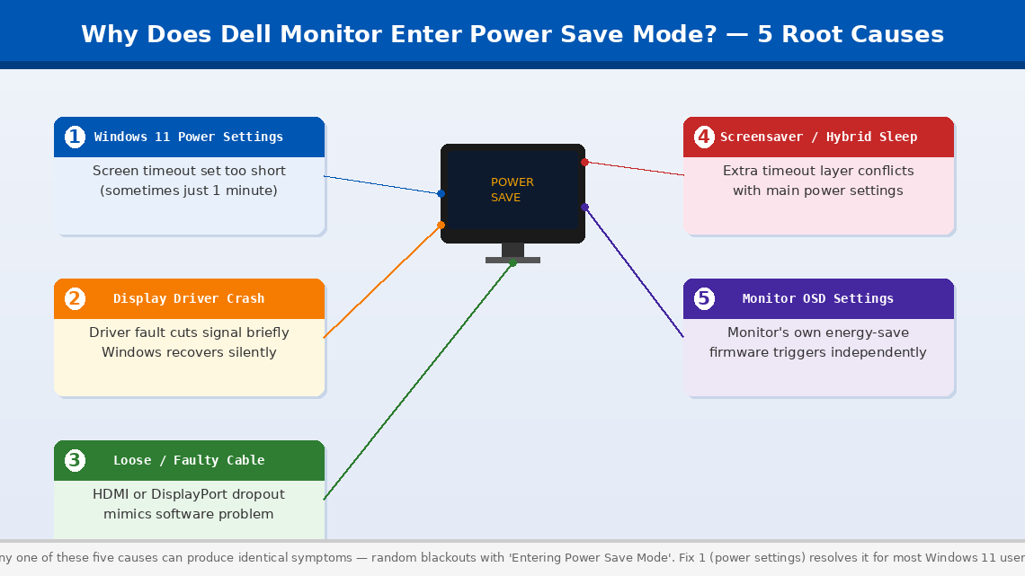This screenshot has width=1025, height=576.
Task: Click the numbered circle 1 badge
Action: click(x=75, y=137)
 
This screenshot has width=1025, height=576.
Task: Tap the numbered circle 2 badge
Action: click(x=75, y=298)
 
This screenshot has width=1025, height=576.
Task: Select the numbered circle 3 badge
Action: click(x=75, y=460)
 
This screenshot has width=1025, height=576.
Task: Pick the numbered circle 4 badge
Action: click(x=704, y=137)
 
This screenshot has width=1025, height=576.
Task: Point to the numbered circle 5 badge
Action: click(x=704, y=298)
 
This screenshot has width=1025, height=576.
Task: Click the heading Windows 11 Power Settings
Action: click(x=189, y=137)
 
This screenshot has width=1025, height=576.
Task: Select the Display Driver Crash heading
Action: click(x=189, y=298)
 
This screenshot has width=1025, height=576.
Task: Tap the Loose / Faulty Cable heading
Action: click(x=189, y=460)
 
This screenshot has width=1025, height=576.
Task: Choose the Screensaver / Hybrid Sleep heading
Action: click(x=818, y=137)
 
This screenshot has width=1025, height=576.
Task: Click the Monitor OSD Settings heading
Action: click(x=818, y=298)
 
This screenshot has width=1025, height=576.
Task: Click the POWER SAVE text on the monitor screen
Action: click(x=512, y=190)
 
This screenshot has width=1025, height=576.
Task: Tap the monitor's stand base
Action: click(x=512, y=260)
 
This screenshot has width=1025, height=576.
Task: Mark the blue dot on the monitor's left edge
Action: click(x=441, y=193)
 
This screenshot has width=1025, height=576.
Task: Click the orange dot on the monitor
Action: click(x=441, y=225)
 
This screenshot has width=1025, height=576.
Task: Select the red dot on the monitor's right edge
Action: click(x=584, y=162)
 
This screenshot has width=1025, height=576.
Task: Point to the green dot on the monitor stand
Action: click(x=512, y=262)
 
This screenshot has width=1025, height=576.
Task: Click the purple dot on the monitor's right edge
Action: click(x=584, y=207)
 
